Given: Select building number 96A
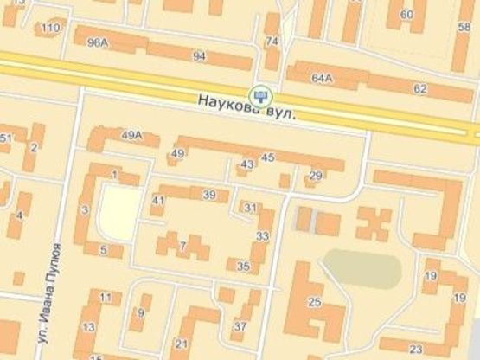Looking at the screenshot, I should tap(98, 42).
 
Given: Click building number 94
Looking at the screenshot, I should tap(200, 57).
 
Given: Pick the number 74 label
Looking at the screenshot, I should tap(272, 42).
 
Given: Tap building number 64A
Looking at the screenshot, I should tap(322, 78).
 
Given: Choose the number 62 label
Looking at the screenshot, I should tap(420, 89).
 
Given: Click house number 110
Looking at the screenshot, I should tap(49, 29).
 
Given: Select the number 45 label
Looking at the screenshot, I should tap(267, 157).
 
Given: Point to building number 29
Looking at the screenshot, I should tap(315, 176).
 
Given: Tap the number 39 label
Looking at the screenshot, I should tap(208, 195).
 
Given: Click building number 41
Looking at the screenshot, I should tap(157, 200).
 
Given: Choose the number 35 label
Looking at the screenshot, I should tap(243, 267).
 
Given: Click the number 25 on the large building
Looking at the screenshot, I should tap(314, 302).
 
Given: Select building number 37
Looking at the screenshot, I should tap(239, 327).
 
